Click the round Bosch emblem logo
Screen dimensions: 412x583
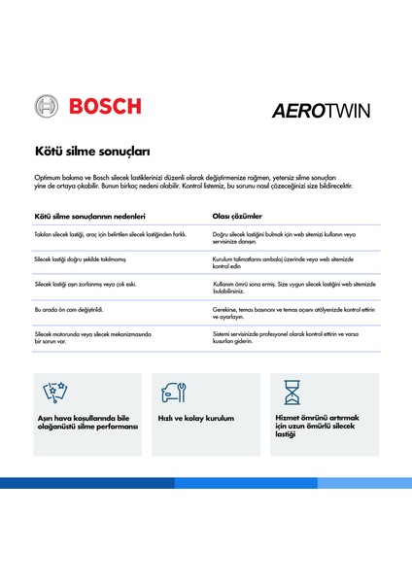pyautogui.click(x=47, y=106)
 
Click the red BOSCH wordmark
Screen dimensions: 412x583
pyautogui.click(x=102, y=106)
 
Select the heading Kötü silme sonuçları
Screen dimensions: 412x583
pyautogui.click(x=97, y=153)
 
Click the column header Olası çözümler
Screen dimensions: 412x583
pyautogui.click(x=237, y=216)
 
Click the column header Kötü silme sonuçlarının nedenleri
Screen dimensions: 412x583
pyautogui.click(x=89, y=216)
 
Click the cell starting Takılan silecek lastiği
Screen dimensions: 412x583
pyautogui.click(x=109, y=236)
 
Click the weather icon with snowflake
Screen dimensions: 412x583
pyautogui.click(x=55, y=393)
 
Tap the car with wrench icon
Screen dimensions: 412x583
pyautogui.click(x=175, y=393)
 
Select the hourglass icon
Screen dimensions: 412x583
pyautogui.click(x=292, y=393)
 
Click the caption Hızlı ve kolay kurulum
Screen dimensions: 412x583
pyautogui.click(x=196, y=419)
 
